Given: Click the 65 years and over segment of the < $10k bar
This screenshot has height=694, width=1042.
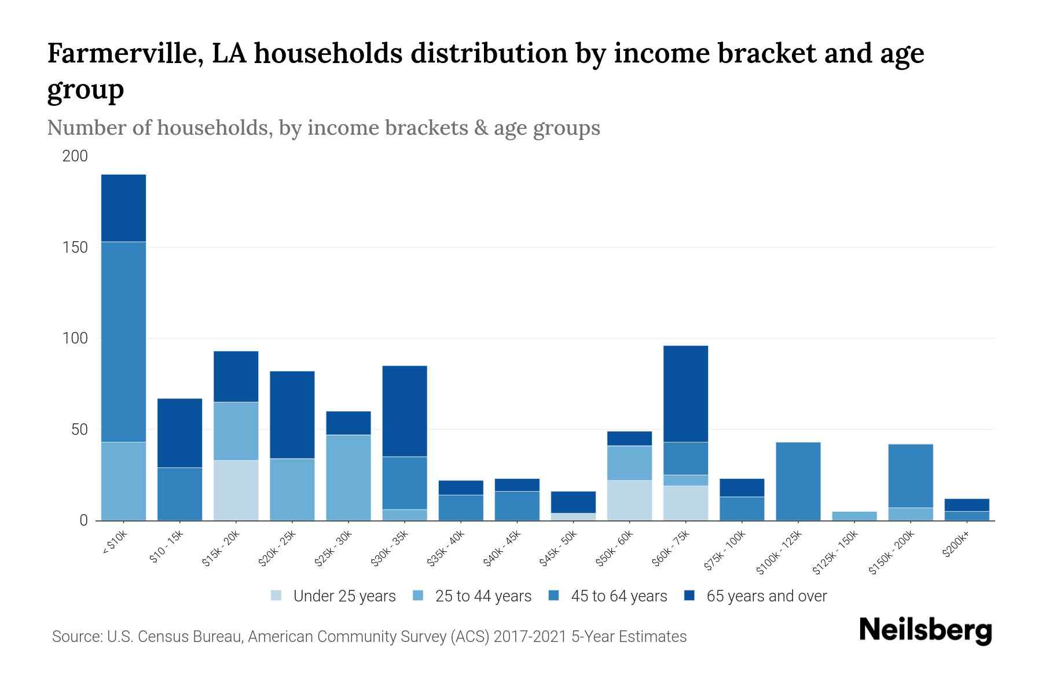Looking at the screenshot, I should coord(123,208).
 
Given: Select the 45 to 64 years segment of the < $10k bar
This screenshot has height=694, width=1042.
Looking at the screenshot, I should coord(123,341).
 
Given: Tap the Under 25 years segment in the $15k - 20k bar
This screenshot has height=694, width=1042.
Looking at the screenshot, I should coord(236,490).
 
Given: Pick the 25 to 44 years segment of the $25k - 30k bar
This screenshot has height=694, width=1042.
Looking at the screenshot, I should coord(348,477).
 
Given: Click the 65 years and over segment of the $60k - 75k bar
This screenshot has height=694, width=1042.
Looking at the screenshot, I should coord(685,393).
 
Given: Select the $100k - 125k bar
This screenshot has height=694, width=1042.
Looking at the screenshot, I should coord(798,481).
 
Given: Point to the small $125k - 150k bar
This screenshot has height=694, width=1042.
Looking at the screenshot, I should coord(854,516).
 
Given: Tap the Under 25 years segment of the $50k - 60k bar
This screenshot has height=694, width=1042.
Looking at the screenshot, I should coord(629,500).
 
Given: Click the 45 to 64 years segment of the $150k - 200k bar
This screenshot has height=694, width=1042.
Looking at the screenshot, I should coord(910,475).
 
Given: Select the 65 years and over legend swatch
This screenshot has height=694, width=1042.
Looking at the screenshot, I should coord(689,596).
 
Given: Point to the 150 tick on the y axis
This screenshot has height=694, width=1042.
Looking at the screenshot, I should coord(75,248).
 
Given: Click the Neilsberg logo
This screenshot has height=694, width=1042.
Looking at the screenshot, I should coord(925,630).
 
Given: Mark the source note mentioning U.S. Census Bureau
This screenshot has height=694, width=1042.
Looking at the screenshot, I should coord(369,637).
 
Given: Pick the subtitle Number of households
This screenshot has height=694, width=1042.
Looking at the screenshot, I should coord(323,128).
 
